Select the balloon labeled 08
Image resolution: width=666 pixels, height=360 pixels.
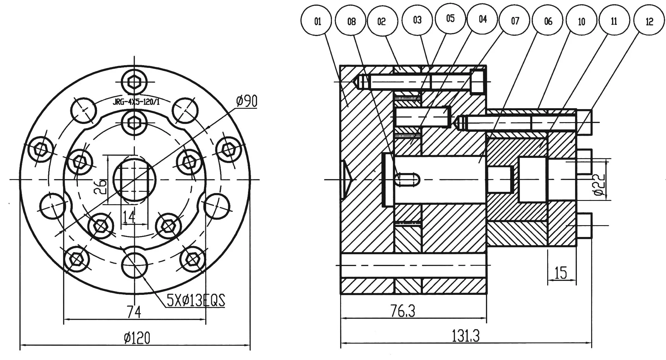pos(351,22)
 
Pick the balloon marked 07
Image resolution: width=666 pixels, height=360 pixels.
pos(515,21)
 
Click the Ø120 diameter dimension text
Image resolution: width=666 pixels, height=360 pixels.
pos(137,338)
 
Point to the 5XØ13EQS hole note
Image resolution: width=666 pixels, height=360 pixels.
pos(196,301)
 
